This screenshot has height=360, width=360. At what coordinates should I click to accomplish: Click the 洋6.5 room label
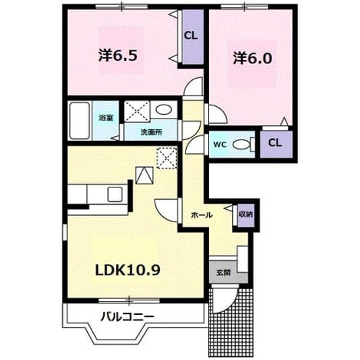click(118, 56)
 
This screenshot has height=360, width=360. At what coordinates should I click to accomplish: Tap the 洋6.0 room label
click(253, 58)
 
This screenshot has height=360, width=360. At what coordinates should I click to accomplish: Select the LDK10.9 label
click(128, 270)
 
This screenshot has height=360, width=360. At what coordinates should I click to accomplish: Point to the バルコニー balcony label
click(127, 317)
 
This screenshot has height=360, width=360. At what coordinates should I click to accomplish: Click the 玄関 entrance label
click(223, 273)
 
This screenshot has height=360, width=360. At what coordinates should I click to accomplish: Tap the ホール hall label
click(202, 215)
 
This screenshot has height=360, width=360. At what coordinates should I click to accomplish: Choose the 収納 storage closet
click(246, 215)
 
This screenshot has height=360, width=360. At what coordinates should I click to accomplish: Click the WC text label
click(220, 145)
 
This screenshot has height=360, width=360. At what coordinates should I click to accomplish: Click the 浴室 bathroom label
click(106, 118)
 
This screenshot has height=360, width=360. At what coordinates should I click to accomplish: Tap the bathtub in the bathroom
click(79, 120)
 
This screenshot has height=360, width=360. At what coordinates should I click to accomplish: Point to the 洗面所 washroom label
click(151, 132)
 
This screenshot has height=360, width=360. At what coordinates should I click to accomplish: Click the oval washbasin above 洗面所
click(164, 109)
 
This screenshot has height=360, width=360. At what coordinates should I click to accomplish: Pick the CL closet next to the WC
click(276, 144)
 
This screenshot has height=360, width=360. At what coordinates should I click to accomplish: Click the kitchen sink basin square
click(115, 194)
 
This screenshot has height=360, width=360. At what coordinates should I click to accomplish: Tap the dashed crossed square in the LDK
click(167, 159)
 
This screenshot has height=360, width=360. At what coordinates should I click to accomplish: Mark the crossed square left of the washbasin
click(137, 111)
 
